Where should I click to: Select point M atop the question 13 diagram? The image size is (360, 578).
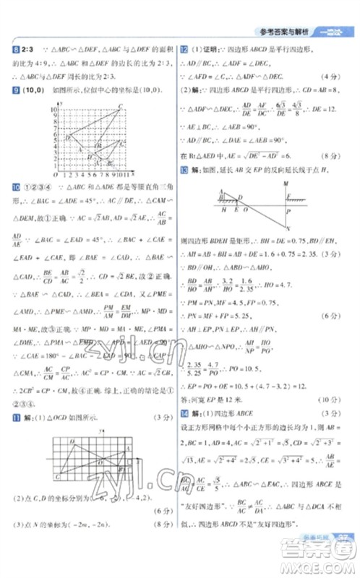click(288, 184)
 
